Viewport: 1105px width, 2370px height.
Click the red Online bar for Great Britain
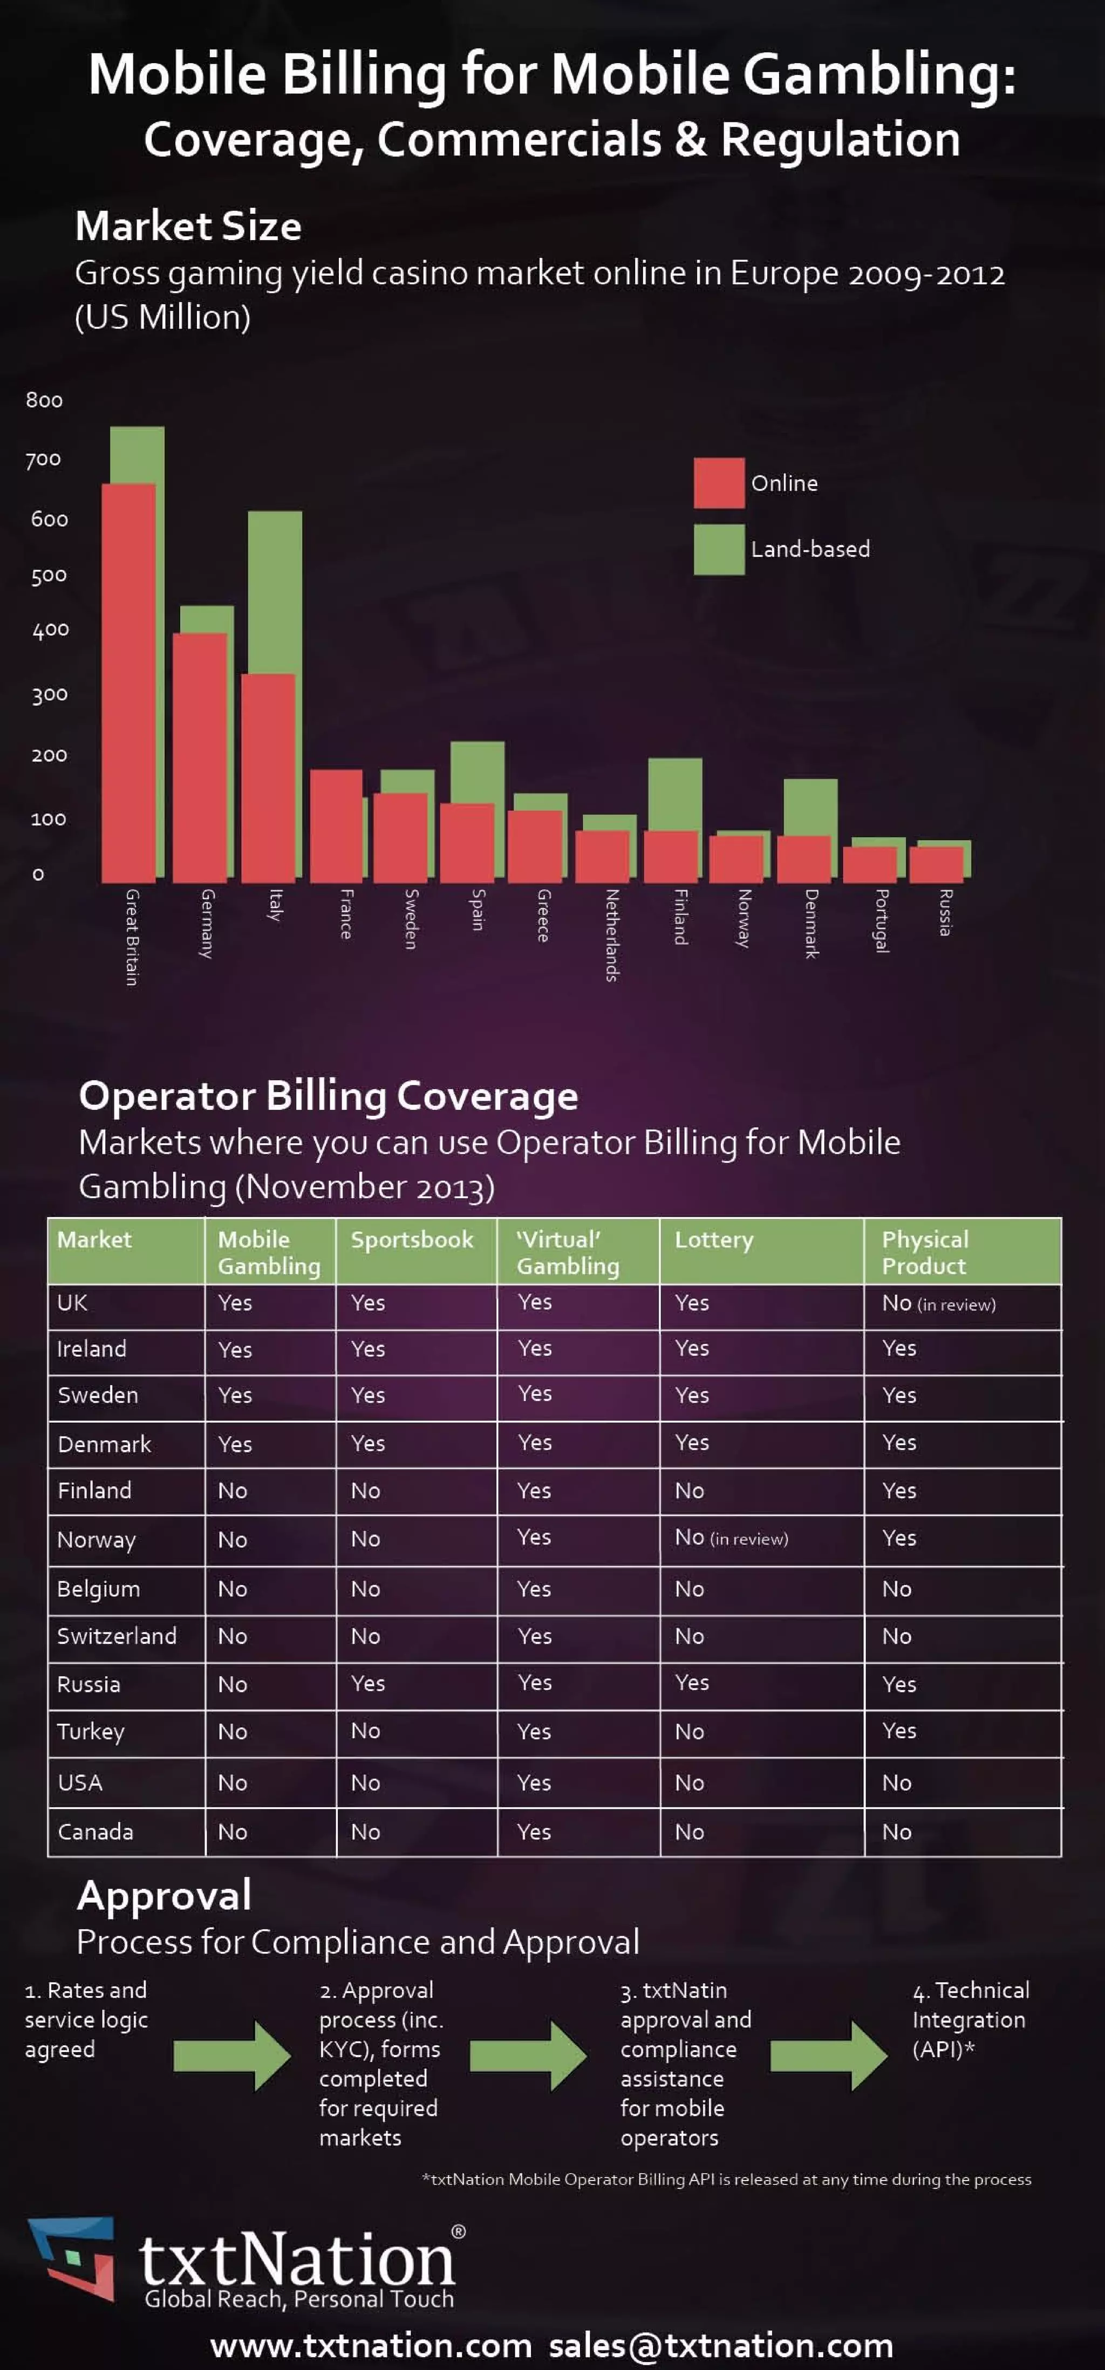(x=128, y=681)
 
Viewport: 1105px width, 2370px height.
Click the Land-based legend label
(x=810, y=549)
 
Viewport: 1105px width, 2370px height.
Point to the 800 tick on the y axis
(x=44, y=400)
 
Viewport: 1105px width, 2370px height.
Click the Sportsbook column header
(x=411, y=1240)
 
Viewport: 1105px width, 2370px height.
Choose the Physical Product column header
(x=925, y=1252)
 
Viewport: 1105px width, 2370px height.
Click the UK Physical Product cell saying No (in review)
(x=938, y=1303)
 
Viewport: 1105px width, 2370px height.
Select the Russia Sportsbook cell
(x=368, y=1684)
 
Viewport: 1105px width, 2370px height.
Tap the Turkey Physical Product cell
(x=899, y=1731)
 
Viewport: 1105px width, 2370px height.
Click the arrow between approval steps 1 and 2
(x=232, y=2056)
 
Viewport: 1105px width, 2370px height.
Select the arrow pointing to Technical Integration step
(x=828, y=2056)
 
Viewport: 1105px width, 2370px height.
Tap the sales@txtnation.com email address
(x=721, y=2345)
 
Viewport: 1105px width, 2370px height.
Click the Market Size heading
(x=189, y=227)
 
